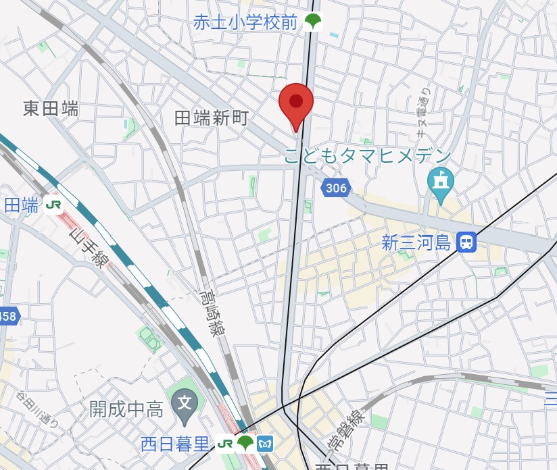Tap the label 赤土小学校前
245,22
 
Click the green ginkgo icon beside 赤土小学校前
312,22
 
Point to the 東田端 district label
51,108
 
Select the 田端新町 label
212,119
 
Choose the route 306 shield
335,188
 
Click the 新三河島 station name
416,242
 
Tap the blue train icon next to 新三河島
466,242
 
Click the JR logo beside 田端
54,204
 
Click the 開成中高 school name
126,409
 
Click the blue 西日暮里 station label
176,444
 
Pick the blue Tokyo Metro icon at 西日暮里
266,443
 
